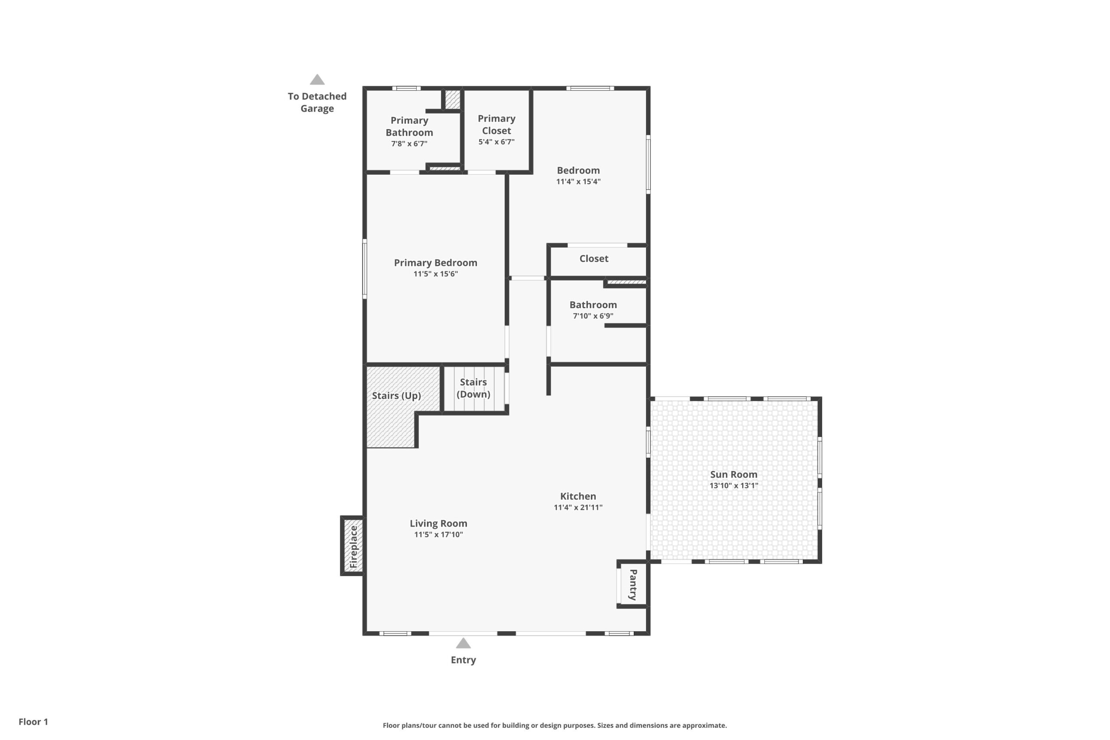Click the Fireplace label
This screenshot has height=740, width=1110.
(x=353, y=547)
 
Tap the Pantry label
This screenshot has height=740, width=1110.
(x=633, y=584)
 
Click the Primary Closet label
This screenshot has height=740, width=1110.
(x=496, y=124)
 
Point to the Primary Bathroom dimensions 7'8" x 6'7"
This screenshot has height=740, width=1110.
(x=409, y=143)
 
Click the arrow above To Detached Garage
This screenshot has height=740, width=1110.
(x=317, y=79)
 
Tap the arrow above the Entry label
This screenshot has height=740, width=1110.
(x=464, y=643)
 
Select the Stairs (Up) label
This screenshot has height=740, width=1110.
(x=396, y=395)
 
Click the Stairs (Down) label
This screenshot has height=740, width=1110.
(x=473, y=388)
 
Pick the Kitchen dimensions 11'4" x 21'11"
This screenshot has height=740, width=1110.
(x=578, y=507)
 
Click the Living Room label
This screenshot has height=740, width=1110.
(x=438, y=523)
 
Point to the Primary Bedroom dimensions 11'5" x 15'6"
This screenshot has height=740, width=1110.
(x=436, y=274)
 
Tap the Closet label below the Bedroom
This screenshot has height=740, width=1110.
(x=594, y=259)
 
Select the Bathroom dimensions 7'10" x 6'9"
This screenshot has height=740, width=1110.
(x=593, y=316)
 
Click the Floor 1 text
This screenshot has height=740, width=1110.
(x=33, y=722)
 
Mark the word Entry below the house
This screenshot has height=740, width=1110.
(x=464, y=660)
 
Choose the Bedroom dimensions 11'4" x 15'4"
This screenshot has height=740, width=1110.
(x=578, y=181)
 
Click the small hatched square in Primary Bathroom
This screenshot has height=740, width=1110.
(x=453, y=100)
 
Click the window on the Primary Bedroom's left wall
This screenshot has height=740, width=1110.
(x=364, y=268)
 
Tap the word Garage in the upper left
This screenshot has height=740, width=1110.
(x=317, y=108)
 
